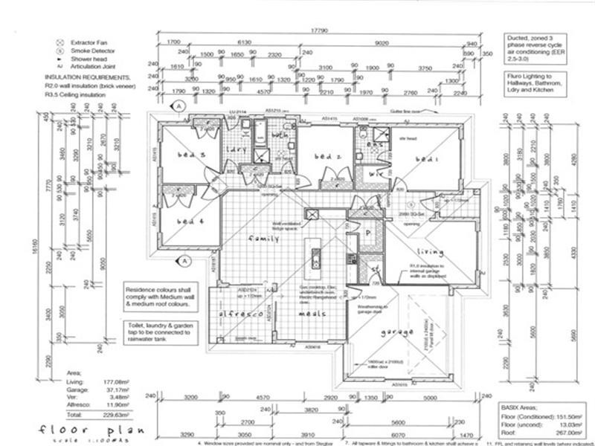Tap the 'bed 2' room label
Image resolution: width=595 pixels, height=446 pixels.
[x=327, y=157]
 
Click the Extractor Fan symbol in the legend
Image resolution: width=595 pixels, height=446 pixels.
[x=58, y=42]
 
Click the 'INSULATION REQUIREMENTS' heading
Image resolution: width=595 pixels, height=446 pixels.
[x=88, y=77]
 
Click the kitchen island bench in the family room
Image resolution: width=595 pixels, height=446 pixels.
[x=315, y=253]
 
